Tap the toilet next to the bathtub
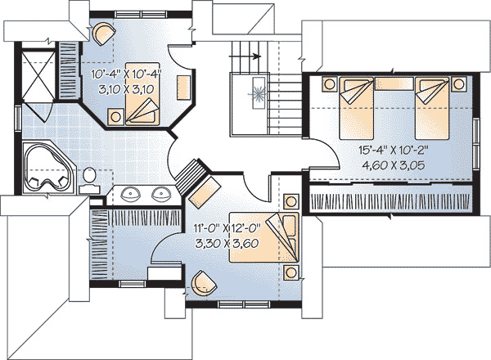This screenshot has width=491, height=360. point(89,181)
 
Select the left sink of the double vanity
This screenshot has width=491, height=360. point(130,193)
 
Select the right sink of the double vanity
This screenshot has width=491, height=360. point(161,193)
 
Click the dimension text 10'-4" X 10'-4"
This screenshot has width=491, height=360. point(126,74)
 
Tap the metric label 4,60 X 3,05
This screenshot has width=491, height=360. point(394,164)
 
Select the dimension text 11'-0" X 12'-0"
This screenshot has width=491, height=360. point(227,228)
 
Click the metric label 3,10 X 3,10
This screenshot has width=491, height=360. point(126,89)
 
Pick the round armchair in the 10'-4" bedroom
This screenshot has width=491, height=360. point(104,33)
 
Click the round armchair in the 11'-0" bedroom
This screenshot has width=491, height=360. point(204,282)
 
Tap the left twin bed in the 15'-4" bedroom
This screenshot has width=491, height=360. point(357,108)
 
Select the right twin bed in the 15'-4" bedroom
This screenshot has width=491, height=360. point(432,108)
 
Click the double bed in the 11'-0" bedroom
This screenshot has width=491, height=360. point(264,237)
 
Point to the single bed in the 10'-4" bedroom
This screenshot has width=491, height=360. point(142,94)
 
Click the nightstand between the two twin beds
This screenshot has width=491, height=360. point(394,83)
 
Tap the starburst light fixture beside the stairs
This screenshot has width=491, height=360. point(259,93)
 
